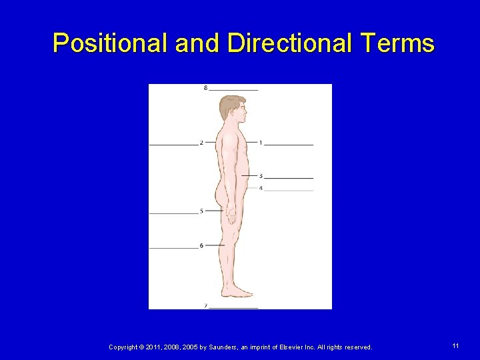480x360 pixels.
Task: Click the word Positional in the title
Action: pos(111,43)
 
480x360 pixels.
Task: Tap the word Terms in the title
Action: pos(399,43)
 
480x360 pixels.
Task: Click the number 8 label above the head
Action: pos(205,88)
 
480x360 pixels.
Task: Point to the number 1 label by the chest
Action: pos(261,143)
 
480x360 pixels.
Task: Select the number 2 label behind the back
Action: pos(201,143)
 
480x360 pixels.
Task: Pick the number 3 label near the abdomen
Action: pos(261,177)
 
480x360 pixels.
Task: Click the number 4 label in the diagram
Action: pos(261,189)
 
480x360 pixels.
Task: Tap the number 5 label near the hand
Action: pos(201,211)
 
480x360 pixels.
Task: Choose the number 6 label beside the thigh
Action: pos(201,246)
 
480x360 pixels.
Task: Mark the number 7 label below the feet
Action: pos(205,306)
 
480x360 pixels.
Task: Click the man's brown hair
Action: pos(229,105)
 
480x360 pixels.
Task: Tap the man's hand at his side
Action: pos(231,215)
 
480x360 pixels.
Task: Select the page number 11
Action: pos(455,346)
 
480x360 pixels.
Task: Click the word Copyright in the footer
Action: pos(123,347)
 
